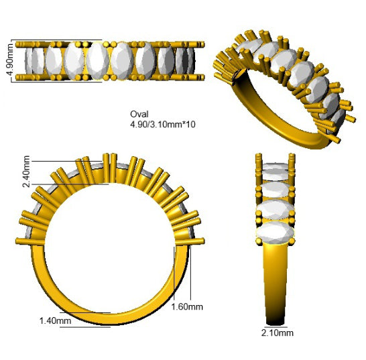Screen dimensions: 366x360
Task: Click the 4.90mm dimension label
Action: click(x=11, y=60)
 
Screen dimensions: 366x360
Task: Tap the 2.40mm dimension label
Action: click(x=26, y=172)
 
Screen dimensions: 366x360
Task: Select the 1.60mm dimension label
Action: click(x=187, y=306)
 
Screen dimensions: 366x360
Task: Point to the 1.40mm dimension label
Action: click(x=56, y=320)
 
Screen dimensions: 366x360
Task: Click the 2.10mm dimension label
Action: click(x=278, y=333)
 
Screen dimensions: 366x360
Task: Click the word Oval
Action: click(x=139, y=114)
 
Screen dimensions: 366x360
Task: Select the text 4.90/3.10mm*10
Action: click(x=163, y=125)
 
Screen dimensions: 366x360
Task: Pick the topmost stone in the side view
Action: click(x=276, y=166)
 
